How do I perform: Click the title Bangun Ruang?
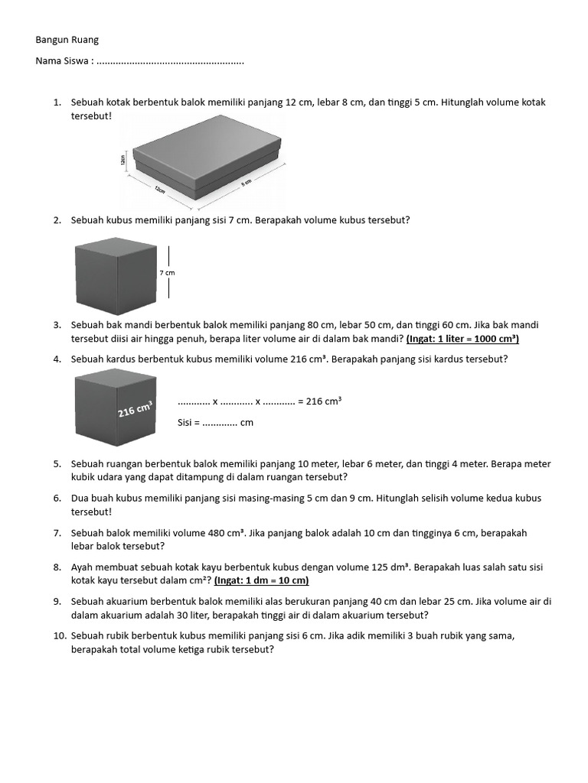67,40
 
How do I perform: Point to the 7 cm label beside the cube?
167,272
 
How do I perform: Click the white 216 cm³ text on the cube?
135,411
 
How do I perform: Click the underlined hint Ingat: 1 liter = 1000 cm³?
462,339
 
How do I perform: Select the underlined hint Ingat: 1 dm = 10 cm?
261,580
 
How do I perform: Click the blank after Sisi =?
220,422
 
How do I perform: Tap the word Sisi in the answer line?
186,422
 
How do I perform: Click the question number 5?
57,464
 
